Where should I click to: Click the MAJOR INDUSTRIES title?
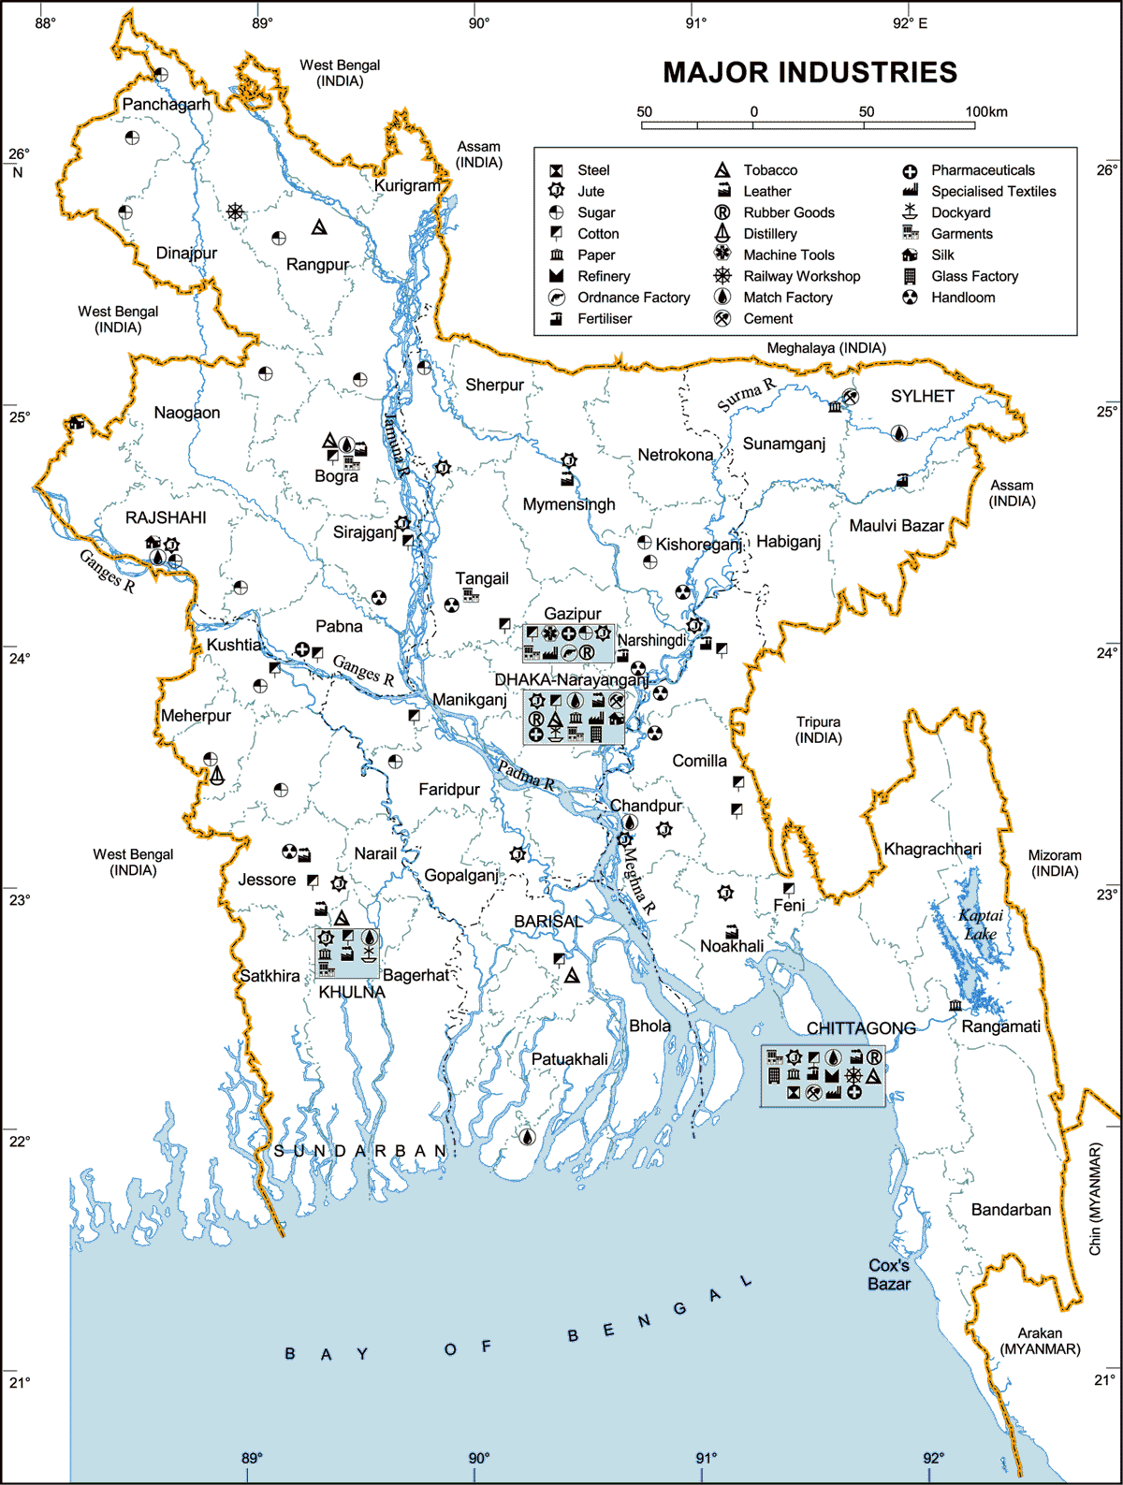click(x=809, y=72)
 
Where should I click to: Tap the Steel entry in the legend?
click(x=592, y=170)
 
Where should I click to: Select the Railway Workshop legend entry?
click(x=801, y=276)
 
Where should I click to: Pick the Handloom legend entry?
click(x=962, y=298)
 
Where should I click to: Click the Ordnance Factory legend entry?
click(x=633, y=298)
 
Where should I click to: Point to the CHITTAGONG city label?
click(x=861, y=1028)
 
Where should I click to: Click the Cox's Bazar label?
click(x=888, y=1274)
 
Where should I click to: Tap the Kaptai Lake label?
click(x=981, y=924)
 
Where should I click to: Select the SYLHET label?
click(x=922, y=396)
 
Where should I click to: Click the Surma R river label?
click(x=746, y=396)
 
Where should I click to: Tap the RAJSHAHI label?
click(x=166, y=517)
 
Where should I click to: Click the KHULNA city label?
click(x=352, y=992)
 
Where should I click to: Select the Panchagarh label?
click(x=167, y=104)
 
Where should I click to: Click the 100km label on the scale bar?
click(x=986, y=111)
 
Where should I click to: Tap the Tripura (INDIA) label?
click(x=818, y=730)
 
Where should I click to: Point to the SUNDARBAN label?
click(x=360, y=1151)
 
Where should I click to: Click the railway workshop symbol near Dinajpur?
click(x=235, y=211)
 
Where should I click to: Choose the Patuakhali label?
click(x=569, y=1059)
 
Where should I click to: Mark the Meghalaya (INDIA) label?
click(x=825, y=348)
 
